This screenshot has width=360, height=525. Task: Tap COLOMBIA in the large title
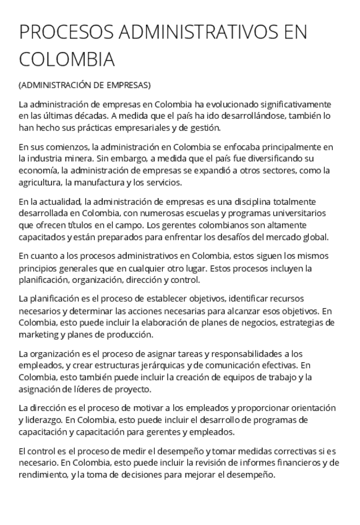(67, 59)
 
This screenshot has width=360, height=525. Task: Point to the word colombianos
(247, 225)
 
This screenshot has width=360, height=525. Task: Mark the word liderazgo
(41, 420)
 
